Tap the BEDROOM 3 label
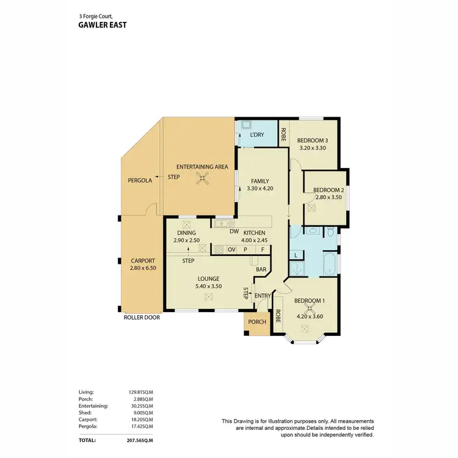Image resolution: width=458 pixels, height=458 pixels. click(313, 139)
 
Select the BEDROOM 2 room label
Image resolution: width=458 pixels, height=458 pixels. click(329, 190)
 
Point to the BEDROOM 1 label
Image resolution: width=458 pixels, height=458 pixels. click(310, 301)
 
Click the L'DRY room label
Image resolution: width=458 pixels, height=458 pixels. click(256, 135)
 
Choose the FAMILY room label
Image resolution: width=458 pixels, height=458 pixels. click(260, 181)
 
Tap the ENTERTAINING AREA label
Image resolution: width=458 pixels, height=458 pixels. click(202, 167)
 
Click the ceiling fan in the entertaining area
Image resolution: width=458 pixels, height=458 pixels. click(202, 178)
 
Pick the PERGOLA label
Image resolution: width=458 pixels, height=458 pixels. click(139, 181)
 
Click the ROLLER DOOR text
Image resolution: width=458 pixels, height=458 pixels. click(142, 318)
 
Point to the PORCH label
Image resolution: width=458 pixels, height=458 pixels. click(257, 322)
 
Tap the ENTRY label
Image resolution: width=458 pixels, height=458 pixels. click(263, 296)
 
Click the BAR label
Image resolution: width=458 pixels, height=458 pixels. click(260, 269)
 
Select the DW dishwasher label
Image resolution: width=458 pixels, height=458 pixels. click(233, 231)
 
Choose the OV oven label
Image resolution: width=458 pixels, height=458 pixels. click(231, 250)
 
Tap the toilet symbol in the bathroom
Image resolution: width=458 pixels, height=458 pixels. click(330, 232)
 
